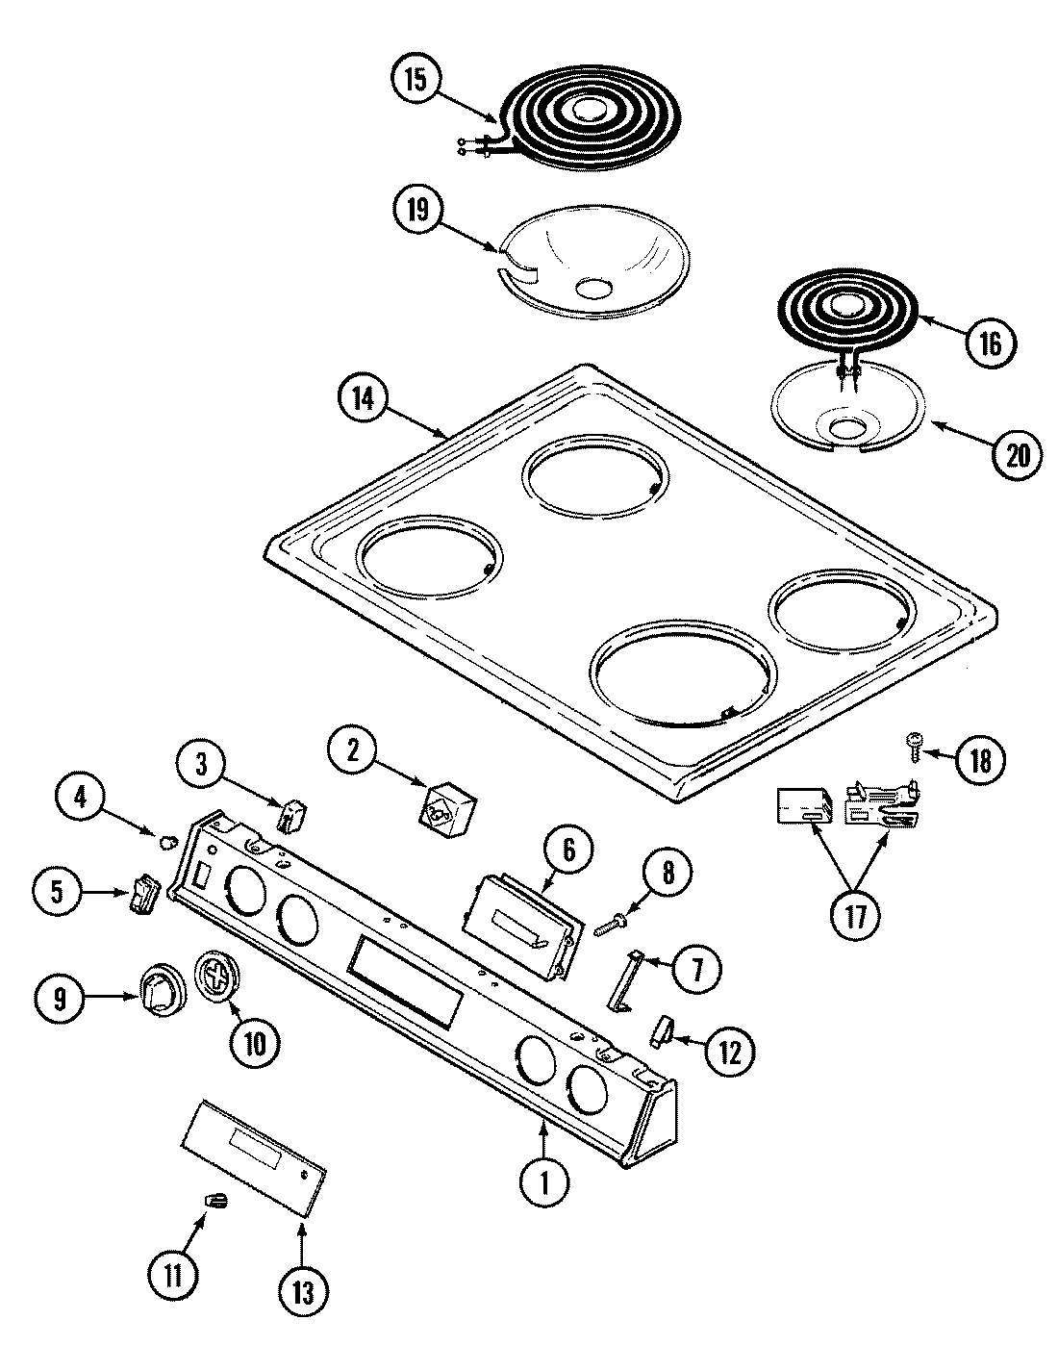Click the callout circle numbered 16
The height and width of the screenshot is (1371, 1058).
[991, 343]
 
